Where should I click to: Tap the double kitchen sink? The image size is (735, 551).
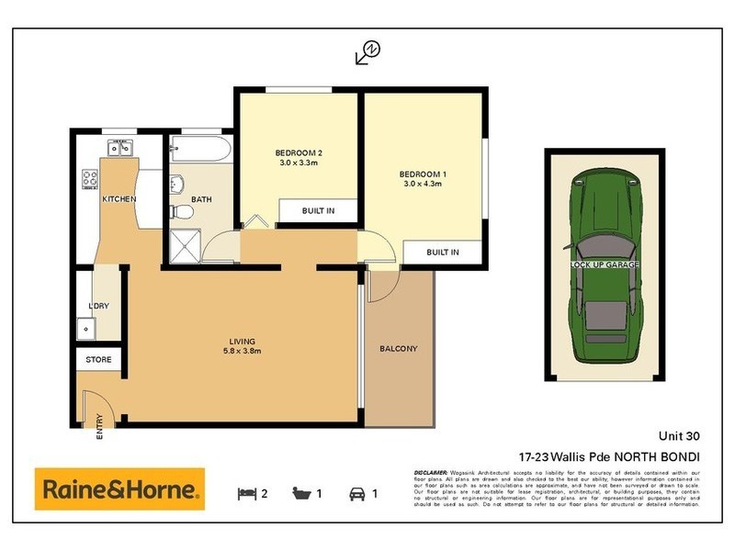pyautogui.click(x=120, y=147)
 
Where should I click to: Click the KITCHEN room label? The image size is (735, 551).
pyautogui.click(x=119, y=199)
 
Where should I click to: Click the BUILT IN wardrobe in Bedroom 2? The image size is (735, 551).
pyautogui.click(x=318, y=211)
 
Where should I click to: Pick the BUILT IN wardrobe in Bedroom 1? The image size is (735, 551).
pyautogui.click(x=442, y=253)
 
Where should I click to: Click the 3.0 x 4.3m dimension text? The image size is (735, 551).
pyautogui.click(x=423, y=184)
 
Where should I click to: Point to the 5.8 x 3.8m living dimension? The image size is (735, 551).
pyautogui.click(x=243, y=351)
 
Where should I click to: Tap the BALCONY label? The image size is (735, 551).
pyautogui.click(x=398, y=349)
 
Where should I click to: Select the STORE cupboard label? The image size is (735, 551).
pyautogui.click(x=98, y=360)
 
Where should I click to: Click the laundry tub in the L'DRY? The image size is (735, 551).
pyautogui.click(x=86, y=326)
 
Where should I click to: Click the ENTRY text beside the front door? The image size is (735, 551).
pyautogui.click(x=99, y=429)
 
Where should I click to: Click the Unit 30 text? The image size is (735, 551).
pyautogui.click(x=679, y=437)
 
